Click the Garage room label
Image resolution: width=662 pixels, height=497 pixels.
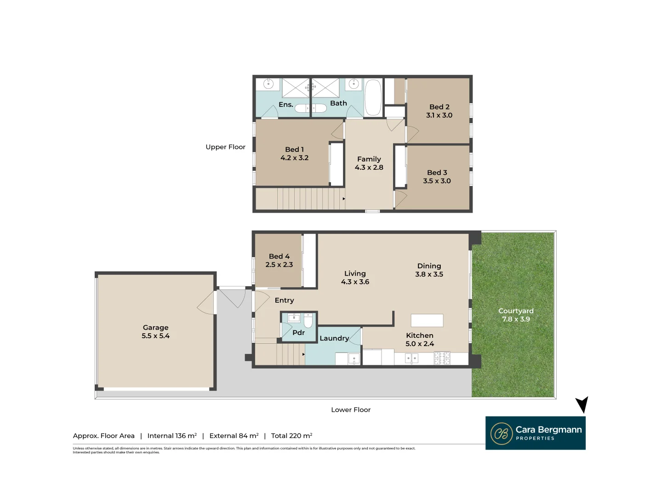coord(155,328)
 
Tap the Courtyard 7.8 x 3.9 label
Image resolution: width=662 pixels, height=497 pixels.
coord(516,315)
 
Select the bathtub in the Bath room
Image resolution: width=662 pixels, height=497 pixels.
coord(373,98)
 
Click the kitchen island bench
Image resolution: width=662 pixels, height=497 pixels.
coord(427,320)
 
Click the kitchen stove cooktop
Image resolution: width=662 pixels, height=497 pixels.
coord(442,358)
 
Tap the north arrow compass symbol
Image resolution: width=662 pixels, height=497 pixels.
coord(582,405)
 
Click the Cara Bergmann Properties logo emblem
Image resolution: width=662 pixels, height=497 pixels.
coord(501,433)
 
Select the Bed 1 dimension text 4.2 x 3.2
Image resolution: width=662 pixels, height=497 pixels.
coord(294,158)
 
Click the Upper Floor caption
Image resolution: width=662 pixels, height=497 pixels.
coord(225,147)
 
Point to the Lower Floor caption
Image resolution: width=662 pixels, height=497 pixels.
coord(350,410)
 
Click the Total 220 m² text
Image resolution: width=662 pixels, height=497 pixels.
coord(291,436)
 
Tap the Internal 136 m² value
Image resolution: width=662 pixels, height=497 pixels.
coord(172,436)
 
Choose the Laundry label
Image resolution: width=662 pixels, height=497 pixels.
coord(334,338)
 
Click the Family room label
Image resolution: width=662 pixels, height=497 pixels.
coord(369,159)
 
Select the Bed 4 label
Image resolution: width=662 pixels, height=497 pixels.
coord(279,256)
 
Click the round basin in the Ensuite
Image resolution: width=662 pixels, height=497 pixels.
coord(268,84)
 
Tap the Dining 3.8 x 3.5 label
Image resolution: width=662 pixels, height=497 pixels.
coord(429,270)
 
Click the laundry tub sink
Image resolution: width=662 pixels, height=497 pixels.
coord(354,358)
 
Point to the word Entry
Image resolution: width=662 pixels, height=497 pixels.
coord(284,301)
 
